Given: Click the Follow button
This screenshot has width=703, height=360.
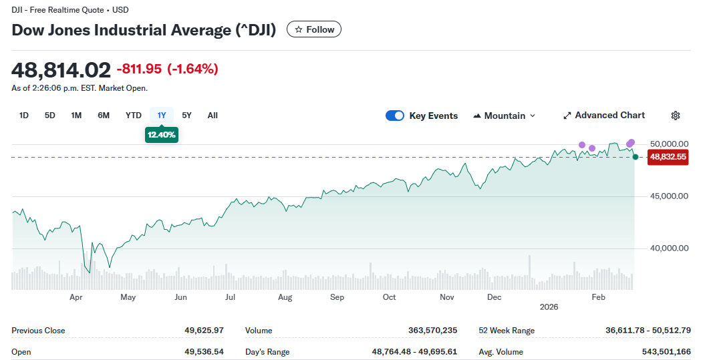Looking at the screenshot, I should pyautogui.click(x=314, y=29).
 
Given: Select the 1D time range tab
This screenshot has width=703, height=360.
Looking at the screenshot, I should pyautogui.click(x=24, y=116).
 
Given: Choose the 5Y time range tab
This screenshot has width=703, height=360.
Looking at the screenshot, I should pyautogui.click(x=186, y=116).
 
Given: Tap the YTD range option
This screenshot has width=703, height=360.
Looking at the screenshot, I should pyautogui.click(x=134, y=116).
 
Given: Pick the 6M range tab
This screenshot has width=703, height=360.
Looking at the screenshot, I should pyautogui.click(x=104, y=116).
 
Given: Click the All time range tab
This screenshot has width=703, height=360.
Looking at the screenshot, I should pyautogui.click(x=213, y=116).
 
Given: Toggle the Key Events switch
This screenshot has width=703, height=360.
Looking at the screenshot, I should pyautogui.click(x=395, y=116).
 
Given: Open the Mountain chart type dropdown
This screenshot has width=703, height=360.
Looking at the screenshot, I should pyautogui.click(x=505, y=116).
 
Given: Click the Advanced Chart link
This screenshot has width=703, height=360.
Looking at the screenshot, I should pyautogui.click(x=604, y=116).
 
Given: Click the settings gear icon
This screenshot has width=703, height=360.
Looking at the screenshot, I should pyautogui.click(x=676, y=116).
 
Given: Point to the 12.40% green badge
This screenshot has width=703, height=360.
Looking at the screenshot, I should pyautogui.click(x=162, y=135).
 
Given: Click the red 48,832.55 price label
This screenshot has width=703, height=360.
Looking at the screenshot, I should pyautogui.click(x=668, y=157).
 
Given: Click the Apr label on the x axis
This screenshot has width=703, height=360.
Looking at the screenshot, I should pyautogui.click(x=76, y=297).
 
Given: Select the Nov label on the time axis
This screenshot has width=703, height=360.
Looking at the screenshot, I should pyautogui.click(x=447, y=297).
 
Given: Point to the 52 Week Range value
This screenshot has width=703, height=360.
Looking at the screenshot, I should pyautogui.click(x=648, y=331).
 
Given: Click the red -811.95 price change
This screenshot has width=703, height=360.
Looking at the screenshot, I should pyautogui.click(x=139, y=69).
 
